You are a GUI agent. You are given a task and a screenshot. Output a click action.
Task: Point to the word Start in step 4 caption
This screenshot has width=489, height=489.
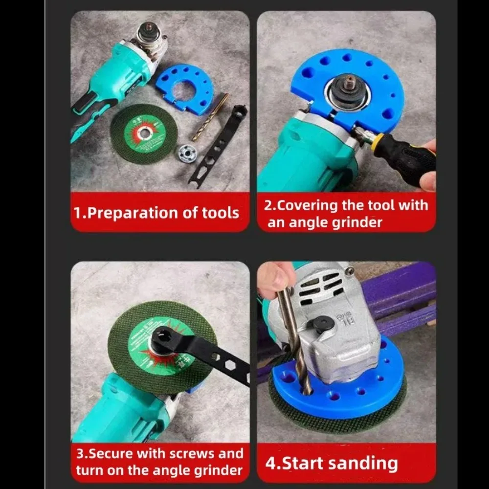[303, 463]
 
